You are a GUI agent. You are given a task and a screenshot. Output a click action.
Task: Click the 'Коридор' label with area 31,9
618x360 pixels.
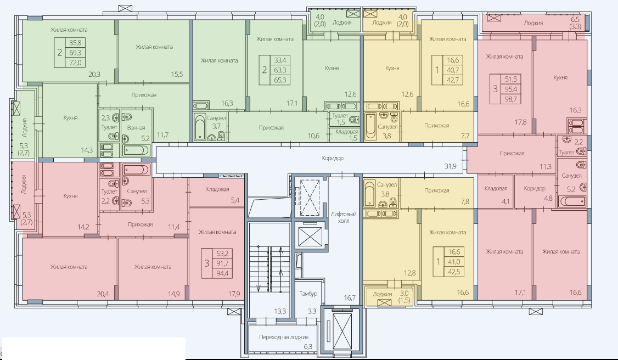332,158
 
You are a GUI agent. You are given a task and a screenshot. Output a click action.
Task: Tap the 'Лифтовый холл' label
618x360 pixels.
343,217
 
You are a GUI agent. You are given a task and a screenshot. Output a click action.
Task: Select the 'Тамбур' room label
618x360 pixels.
308,294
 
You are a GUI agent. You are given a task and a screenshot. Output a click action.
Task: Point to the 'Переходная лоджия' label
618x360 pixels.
284,337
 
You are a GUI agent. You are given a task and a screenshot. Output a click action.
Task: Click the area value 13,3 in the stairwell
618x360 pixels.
280,311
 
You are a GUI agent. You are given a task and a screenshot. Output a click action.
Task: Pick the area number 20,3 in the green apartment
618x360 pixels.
94,74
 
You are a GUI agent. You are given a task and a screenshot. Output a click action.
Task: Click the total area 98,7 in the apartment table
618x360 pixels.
511,99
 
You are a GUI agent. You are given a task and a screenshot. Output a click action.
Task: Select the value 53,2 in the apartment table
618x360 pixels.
222,253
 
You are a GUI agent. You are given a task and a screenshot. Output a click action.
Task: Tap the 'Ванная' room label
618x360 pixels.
136,128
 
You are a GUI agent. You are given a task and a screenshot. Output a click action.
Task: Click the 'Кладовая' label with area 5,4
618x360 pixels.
217,189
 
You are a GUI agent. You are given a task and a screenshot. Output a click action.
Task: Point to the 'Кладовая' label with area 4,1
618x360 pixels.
496,189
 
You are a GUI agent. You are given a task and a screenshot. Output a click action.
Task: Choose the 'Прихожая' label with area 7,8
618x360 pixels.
437,190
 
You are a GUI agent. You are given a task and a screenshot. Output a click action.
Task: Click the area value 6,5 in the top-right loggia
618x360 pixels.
575,19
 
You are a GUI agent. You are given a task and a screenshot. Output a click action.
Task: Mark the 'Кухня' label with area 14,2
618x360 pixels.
70,196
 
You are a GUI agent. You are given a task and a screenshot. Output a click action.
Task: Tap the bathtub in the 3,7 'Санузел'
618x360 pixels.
199,127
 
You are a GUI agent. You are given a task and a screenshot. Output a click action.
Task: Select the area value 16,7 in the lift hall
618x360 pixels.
349,298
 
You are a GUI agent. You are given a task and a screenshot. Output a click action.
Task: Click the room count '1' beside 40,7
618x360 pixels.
437,70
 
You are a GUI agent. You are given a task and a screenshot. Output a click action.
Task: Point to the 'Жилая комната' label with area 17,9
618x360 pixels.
217,232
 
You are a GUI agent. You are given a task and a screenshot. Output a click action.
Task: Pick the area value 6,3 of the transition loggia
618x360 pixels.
308,347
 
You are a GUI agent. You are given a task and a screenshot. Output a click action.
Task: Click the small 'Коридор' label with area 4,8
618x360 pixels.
535,188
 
